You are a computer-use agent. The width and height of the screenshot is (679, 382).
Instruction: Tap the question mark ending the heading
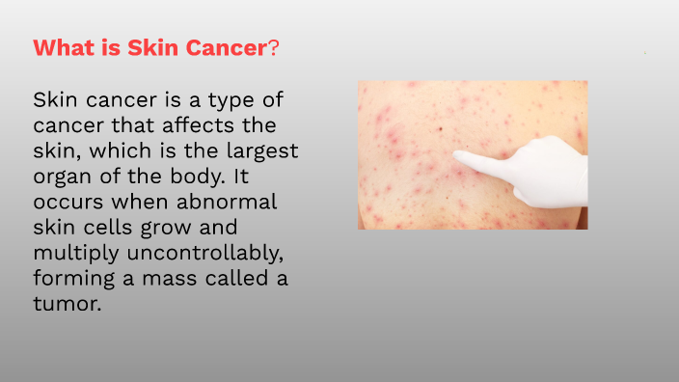point(274,48)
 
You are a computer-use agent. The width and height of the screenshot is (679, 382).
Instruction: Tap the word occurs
point(68,204)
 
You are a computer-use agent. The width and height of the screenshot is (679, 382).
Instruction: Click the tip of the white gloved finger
point(457,155)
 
